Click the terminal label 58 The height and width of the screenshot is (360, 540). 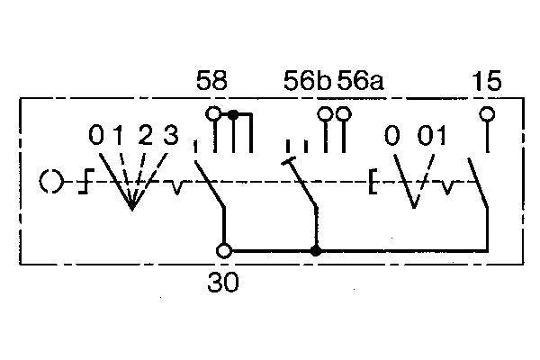point(211,81)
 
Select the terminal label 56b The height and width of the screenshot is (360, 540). point(307,81)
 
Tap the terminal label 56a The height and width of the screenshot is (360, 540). point(360,81)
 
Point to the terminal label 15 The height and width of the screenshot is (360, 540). point(486,81)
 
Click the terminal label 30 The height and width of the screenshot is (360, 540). point(223,282)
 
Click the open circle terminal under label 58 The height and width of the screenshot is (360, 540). point(213,113)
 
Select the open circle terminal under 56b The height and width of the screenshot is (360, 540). point(325,113)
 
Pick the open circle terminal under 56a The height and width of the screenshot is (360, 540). point(344,113)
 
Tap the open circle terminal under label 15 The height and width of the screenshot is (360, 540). point(487,113)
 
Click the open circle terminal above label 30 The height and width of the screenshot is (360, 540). point(224,251)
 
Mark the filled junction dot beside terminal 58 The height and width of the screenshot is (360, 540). point(233,114)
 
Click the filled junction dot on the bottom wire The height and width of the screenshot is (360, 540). point(316,251)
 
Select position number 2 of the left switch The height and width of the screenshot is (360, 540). point(145,135)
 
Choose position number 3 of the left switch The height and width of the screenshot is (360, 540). point(170,135)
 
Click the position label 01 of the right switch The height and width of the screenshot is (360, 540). point(432,135)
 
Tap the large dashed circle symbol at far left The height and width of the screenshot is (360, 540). point(51,182)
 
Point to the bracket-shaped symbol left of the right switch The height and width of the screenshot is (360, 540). point(373,181)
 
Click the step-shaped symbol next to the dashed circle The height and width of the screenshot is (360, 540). point(86,181)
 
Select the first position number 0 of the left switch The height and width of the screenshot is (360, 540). point(96,135)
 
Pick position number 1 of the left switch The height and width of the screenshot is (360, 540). point(118,135)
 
